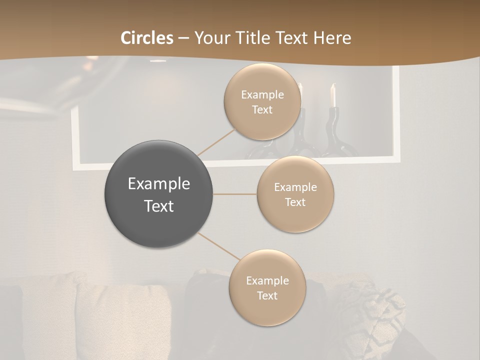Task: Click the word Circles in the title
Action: [x=146, y=38]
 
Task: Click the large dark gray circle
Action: [x=159, y=194]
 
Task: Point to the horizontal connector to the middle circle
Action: [x=234, y=194]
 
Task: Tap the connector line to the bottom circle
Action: [x=218, y=246]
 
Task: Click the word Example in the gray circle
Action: [x=159, y=184]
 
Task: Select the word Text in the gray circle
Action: [x=159, y=206]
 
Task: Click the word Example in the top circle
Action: [x=262, y=95]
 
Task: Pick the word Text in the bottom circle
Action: [x=267, y=295]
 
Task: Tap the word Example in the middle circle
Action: [x=295, y=187]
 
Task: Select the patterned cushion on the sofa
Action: [x=370, y=315]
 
